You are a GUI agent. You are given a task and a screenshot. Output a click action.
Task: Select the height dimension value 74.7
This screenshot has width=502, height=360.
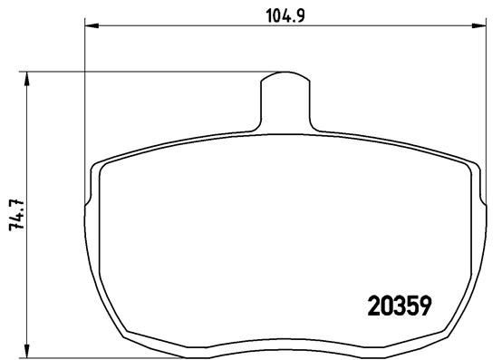14,214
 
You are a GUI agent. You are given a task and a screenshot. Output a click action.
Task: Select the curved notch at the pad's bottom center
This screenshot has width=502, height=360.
286,345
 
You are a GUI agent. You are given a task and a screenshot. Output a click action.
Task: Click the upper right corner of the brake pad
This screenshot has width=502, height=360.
475,166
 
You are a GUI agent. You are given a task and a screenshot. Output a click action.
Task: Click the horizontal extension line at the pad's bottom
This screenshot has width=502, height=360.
72,355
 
